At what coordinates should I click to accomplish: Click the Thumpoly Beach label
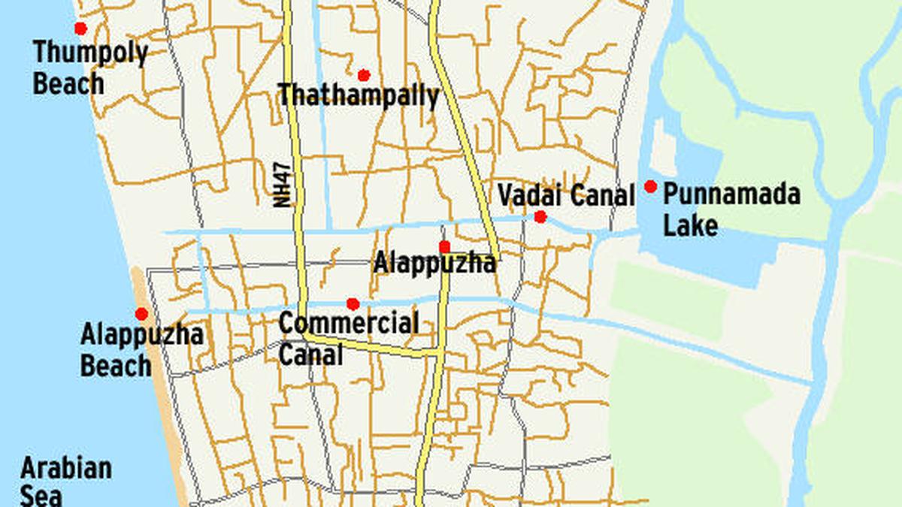pyautogui.click(x=90, y=68)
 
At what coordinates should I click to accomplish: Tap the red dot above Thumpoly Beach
pyautogui.click(x=80, y=29)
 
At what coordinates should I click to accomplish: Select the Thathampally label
pyautogui.click(x=359, y=95)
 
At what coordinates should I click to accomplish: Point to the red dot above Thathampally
pyautogui.click(x=364, y=75)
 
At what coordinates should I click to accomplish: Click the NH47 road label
pyautogui.click(x=283, y=183)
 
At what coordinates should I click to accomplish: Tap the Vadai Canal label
pyautogui.click(x=566, y=195)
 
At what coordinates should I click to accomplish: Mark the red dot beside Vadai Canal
pyautogui.click(x=540, y=217)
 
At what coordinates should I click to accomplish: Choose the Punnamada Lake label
pyautogui.click(x=731, y=210)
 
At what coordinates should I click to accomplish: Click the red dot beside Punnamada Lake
pyautogui.click(x=651, y=186)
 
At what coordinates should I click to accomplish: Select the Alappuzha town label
pyautogui.click(x=434, y=263)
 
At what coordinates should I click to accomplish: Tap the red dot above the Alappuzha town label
pyautogui.click(x=444, y=246)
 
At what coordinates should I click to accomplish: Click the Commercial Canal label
pyautogui.click(x=348, y=338)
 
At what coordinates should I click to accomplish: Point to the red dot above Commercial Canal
pyautogui.click(x=353, y=304)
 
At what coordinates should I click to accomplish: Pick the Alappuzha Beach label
pyautogui.click(x=141, y=349)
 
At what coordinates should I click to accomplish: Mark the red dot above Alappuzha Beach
pyautogui.click(x=141, y=314)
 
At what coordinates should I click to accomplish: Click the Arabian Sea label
pyautogui.click(x=65, y=481)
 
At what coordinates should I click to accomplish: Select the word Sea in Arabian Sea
pyautogui.click(x=41, y=496)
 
